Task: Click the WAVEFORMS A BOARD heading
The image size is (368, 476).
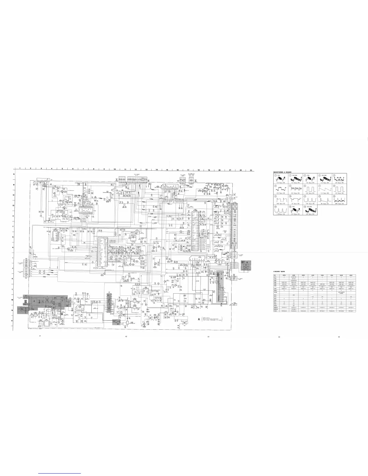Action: point(283,172)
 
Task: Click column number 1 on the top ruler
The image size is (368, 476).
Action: point(20,169)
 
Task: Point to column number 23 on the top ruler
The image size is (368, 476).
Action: point(250,170)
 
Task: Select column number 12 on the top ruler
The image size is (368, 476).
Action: point(136,169)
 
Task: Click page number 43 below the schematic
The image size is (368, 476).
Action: point(208,336)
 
